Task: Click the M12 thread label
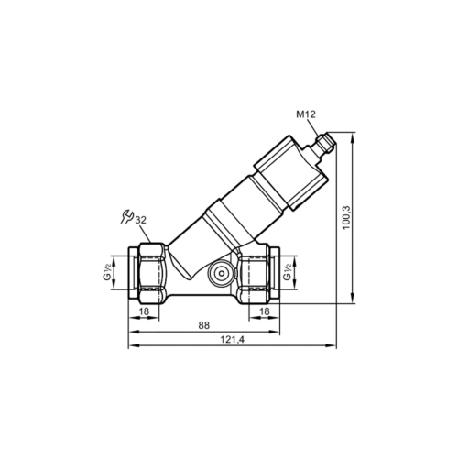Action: tap(308, 114)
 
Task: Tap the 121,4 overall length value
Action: tap(231, 340)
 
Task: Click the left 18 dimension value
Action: tap(143, 312)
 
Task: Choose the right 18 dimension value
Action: tap(264, 312)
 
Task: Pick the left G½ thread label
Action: tap(108, 272)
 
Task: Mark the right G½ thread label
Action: tap(289, 272)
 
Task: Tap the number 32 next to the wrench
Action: tap(140, 220)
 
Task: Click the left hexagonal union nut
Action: tap(150, 272)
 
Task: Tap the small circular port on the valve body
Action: tap(221, 273)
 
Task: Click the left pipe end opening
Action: tap(130, 272)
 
